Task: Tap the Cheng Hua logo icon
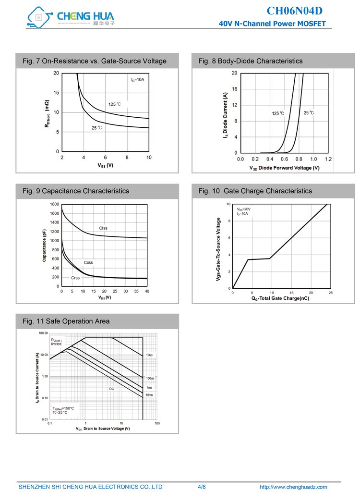coord(38,17)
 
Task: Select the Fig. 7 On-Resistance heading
coord(95,61)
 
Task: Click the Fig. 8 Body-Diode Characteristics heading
coord(251,61)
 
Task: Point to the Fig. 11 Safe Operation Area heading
coord(66,321)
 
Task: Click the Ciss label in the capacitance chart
coord(103,228)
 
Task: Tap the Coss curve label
coord(88,262)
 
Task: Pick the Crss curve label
coord(75,278)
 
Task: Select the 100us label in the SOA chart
coord(150,379)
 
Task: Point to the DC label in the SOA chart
coord(111,389)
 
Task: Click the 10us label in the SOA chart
coord(149,355)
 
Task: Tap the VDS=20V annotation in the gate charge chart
coord(244,209)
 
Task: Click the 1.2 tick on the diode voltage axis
coord(328,159)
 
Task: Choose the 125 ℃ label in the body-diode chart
coord(278,113)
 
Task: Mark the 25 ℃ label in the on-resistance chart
coord(96,128)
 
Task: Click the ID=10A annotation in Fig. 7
coord(138,79)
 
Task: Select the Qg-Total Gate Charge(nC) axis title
coord(280,298)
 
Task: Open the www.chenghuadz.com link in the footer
coord(293,487)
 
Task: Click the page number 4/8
coord(202,487)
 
